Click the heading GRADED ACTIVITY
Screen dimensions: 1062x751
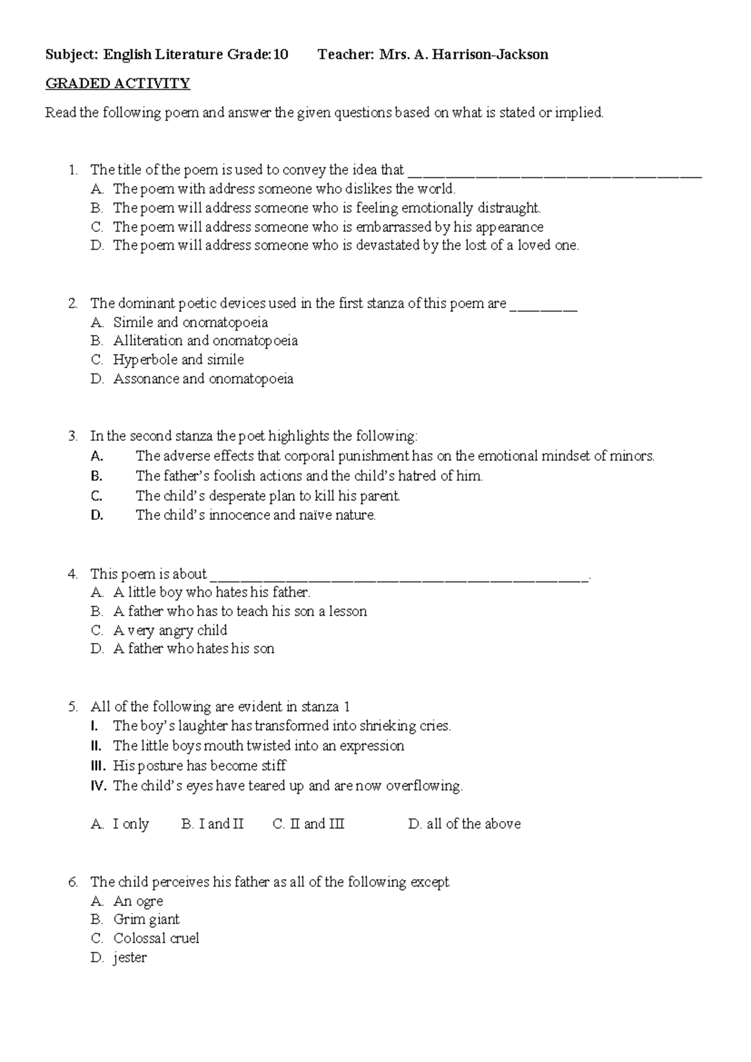coord(117,83)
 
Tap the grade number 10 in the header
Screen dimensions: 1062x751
coord(281,54)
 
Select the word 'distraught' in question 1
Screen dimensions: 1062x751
coord(508,208)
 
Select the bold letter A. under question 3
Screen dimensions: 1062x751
coord(96,456)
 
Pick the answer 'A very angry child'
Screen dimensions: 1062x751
coord(170,631)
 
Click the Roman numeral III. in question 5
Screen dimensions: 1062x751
coord(100,766)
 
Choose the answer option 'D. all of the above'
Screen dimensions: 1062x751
coord(464,824)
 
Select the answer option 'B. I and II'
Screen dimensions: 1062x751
coord(212,824)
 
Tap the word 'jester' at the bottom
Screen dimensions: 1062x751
coord(130,958)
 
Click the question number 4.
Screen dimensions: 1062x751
coord(73,574)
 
